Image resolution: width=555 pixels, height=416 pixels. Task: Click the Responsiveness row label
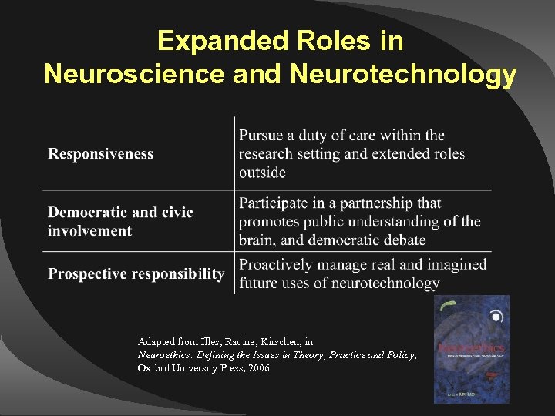[101, 153]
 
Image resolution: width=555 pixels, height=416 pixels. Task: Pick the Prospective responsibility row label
[136, 273]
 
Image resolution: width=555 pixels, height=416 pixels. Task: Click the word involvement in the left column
[89, 230]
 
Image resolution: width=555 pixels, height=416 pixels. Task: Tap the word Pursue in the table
[261, 136]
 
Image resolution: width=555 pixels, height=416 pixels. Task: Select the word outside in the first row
[262, 172]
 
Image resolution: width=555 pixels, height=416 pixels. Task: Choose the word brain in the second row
[257, 240]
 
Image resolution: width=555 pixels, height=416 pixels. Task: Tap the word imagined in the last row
[457, 264]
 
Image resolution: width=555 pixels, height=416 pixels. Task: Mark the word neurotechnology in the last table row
[385, 283]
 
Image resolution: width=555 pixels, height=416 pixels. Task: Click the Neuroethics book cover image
[471, 349]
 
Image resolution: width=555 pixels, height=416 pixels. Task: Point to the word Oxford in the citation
[154, 368]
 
